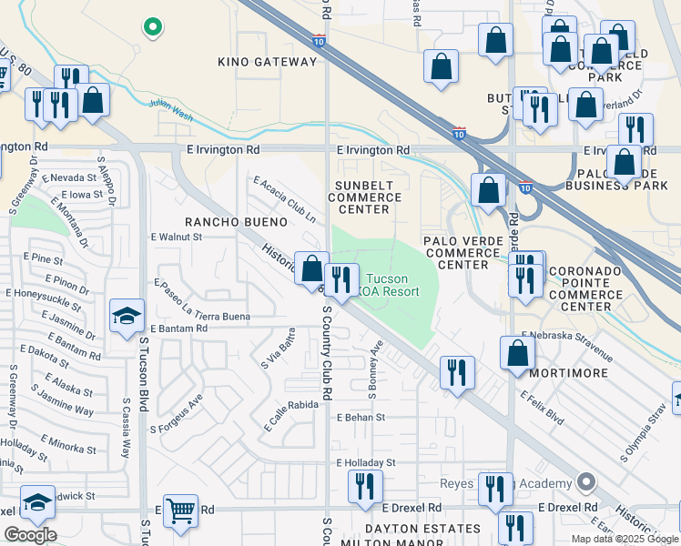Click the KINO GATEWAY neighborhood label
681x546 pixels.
(267, 62)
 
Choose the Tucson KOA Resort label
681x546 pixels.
(392, 285)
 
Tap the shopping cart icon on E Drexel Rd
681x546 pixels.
(181, 511)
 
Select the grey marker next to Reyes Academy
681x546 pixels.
(586, 482)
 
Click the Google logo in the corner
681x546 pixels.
(30, 534)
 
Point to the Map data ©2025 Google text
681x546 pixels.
(625, 539)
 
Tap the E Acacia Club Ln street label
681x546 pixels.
(284, 201)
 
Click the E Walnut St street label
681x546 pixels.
(175, 237)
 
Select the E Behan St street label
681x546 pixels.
(361, 418)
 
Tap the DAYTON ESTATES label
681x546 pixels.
(422, 529)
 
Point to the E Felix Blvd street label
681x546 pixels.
(542, 409)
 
